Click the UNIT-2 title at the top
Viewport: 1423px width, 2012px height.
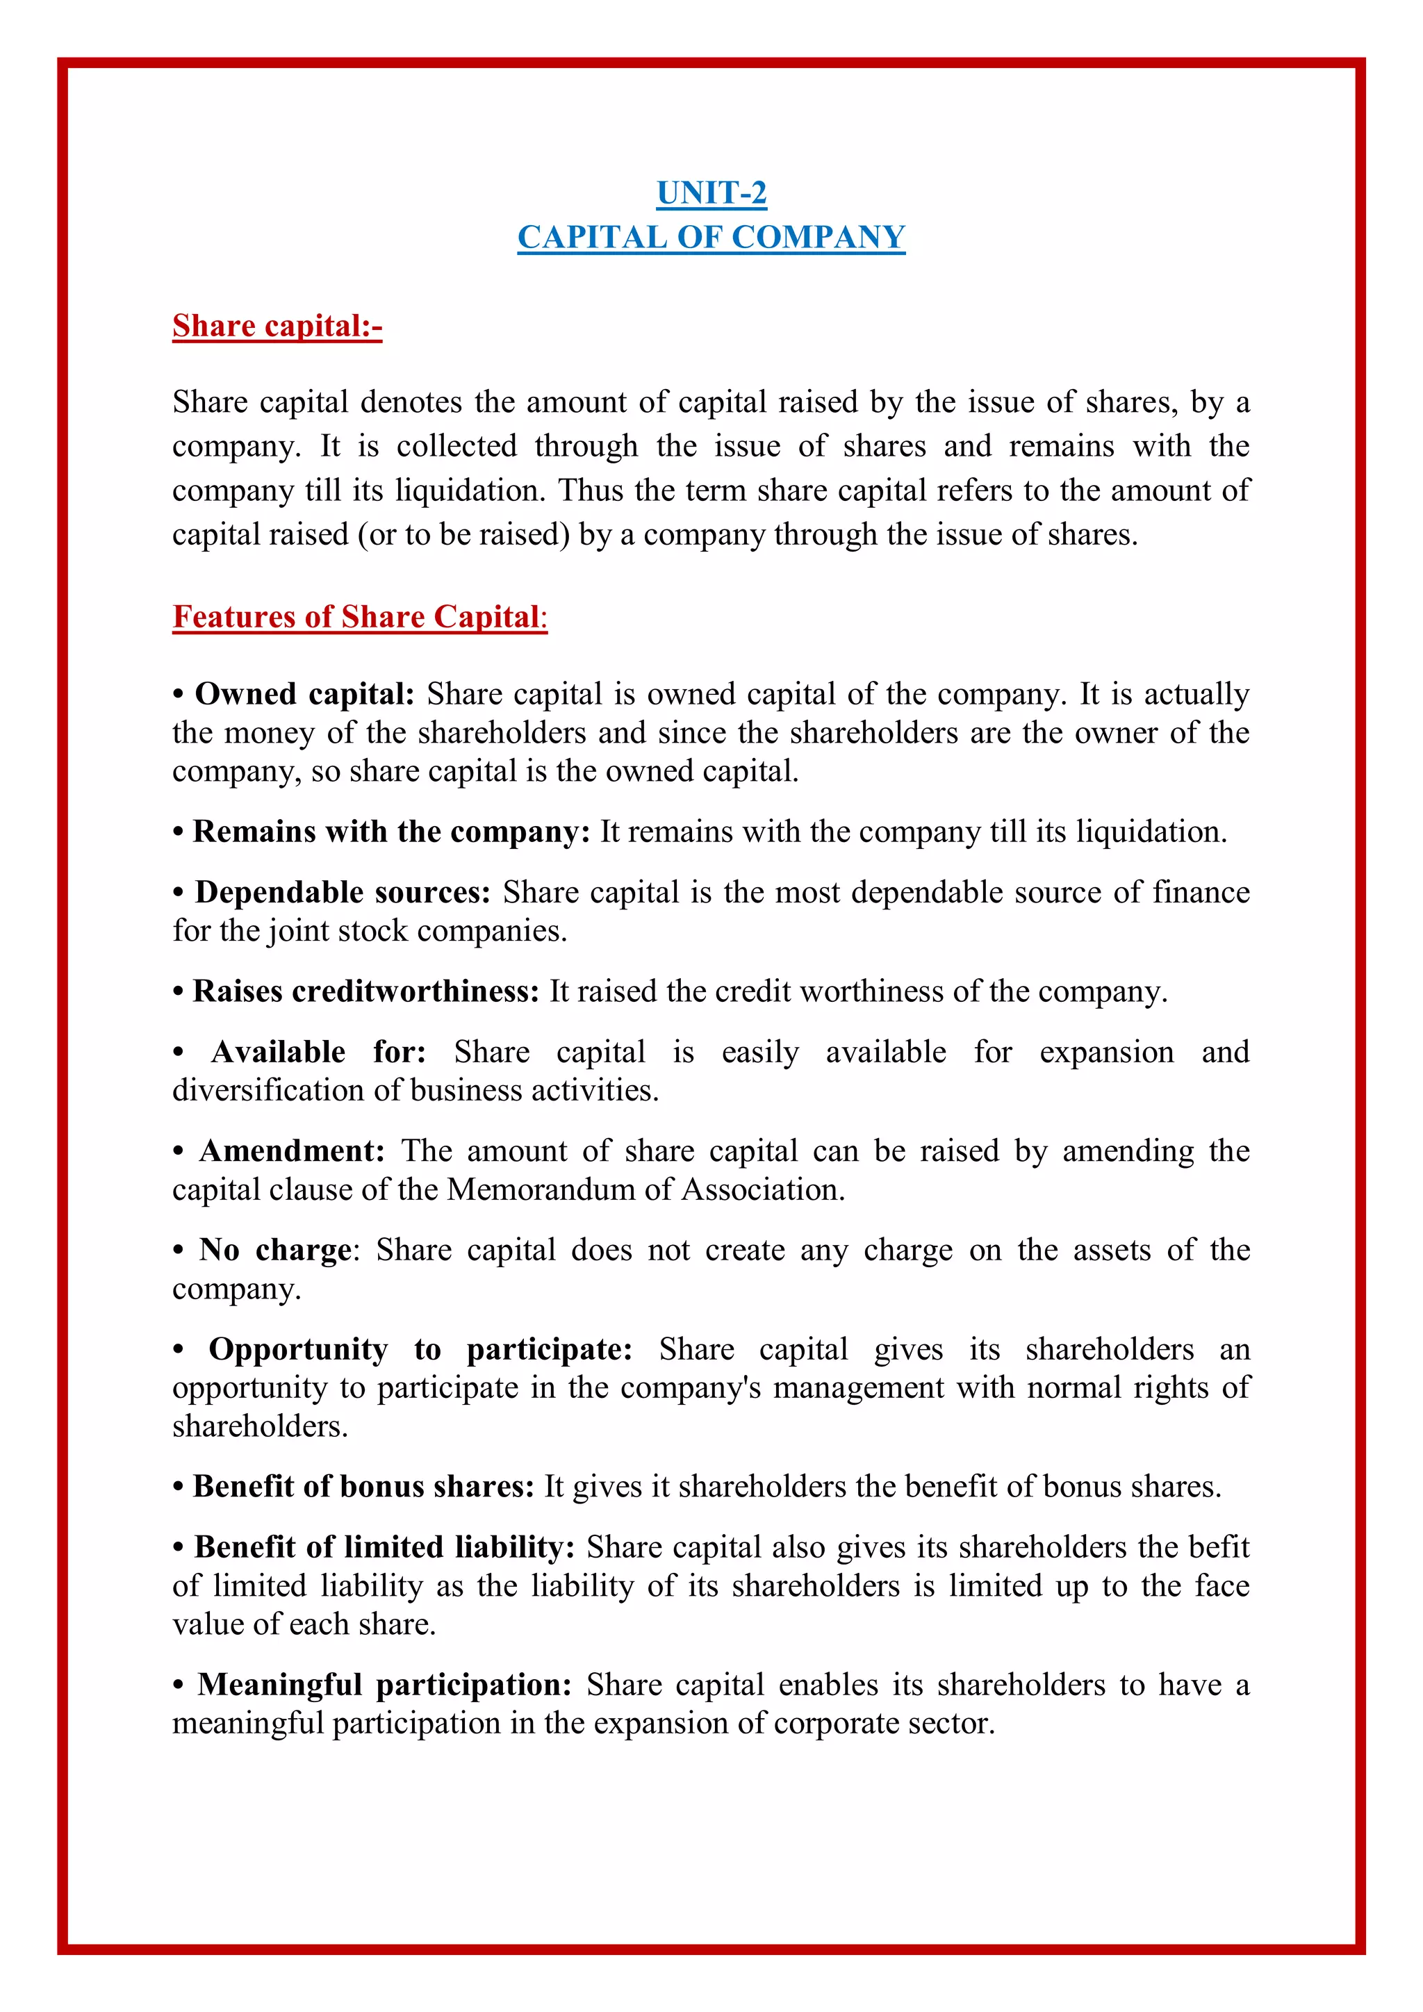711,192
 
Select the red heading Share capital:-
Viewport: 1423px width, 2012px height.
277,326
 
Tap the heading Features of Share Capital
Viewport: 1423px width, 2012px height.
359,617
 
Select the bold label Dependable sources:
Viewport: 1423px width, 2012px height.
343,892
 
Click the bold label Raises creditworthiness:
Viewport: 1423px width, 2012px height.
365,991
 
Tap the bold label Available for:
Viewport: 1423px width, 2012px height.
318,1052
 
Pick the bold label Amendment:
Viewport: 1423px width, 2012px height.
292,1151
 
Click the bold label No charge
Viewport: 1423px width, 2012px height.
275,1250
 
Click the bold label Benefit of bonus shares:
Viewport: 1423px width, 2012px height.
363,1486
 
